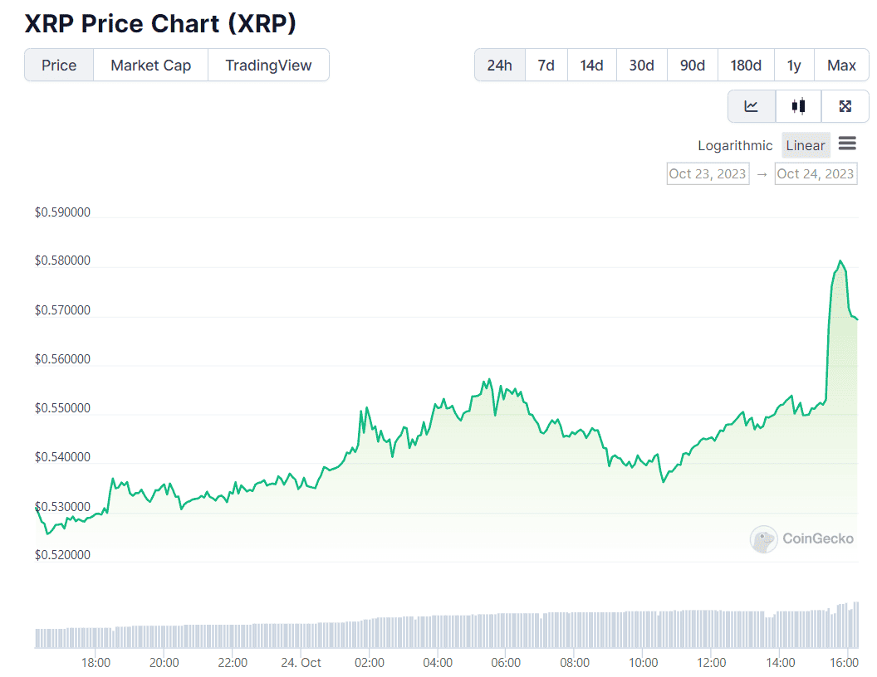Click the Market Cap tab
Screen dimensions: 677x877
tap(150, 65)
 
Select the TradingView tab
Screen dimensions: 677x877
tap(268, 65)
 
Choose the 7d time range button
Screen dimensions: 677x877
tap(546, 65)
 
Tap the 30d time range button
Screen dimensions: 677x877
tap(641, 65)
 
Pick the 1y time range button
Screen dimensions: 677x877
tap(794, 65)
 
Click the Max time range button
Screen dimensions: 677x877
tap(841, 65)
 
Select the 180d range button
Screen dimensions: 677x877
tap(746, 65)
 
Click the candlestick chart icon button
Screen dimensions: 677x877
tap(798, 106)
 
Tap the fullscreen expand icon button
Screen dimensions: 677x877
tap(845, 106)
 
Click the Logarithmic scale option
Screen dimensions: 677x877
tap(735, 145)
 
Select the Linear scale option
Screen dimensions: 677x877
tap(806, 145)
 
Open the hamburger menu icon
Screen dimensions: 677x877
tap(847, 144)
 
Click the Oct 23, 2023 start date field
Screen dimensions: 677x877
tap(708, 173)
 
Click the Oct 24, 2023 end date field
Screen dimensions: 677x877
tap(815, 173)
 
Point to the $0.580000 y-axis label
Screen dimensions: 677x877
tap(62, 261)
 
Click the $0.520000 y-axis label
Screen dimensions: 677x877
tap(62, 555)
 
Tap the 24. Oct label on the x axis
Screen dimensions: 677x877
tap(301, 663)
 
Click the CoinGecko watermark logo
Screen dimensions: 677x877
tap(802, 539)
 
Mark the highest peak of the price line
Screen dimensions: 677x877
tap(841, 261)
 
